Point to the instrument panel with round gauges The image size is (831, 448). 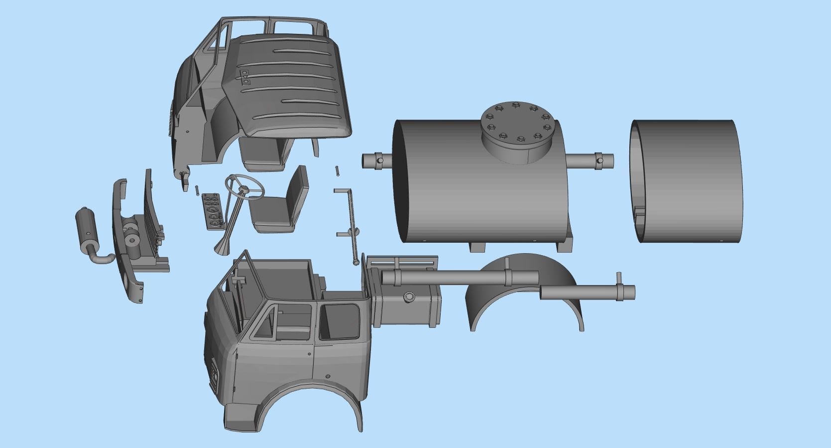coord(213,212)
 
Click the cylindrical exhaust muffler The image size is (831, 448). coord(85,226)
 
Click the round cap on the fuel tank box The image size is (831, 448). coord(410,297)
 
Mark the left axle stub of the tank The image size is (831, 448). coord(377,161)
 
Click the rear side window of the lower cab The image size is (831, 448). coord(340,321)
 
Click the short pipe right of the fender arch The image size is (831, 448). coord(588,293)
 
